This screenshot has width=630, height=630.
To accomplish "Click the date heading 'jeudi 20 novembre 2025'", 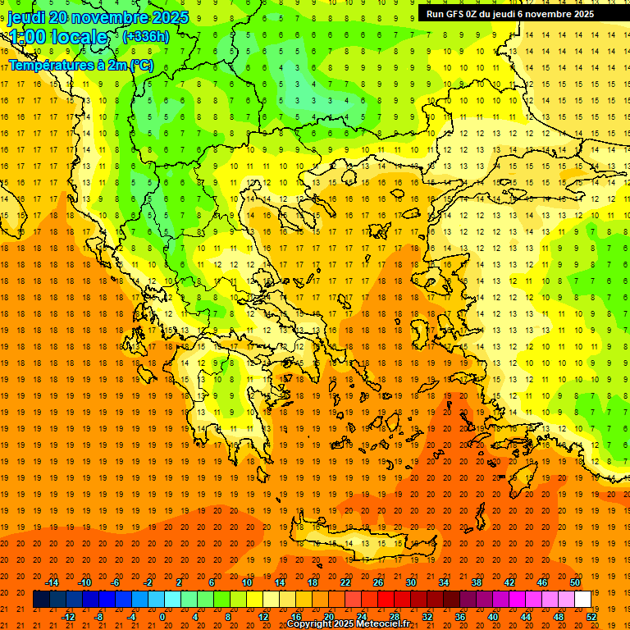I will pyautogui.click(x=98, y=17).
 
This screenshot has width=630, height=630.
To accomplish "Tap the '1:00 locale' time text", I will pyautogui.click(x=57, y=37).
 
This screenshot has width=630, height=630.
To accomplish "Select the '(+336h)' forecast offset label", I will pyautogui.click(x=145, y=36).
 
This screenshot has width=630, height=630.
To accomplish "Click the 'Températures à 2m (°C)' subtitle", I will pyautogui.click(x=80, y=65).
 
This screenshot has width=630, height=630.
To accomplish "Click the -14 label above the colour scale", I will pyautogui.click(x=53, y=582).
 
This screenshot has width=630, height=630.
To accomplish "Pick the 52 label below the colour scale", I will pyautogui.click(x=592, y=617).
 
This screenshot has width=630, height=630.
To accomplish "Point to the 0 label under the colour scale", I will pyautogui.click(x=162, y=617).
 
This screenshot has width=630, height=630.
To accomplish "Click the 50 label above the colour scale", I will pyautogui.click(x=574, y=582).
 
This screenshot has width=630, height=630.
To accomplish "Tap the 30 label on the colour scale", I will pyautogui.click(x=410, y=582).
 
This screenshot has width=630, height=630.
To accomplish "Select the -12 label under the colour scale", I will pyautogui.click(x=69, y=617).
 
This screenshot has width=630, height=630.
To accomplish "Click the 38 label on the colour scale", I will pyautogui.click(x=476, y=582).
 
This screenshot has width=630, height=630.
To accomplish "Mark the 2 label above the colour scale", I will pyautogui.click(x=179, y=582).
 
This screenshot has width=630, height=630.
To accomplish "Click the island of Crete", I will pyautogui.click(x=361, y=544).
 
